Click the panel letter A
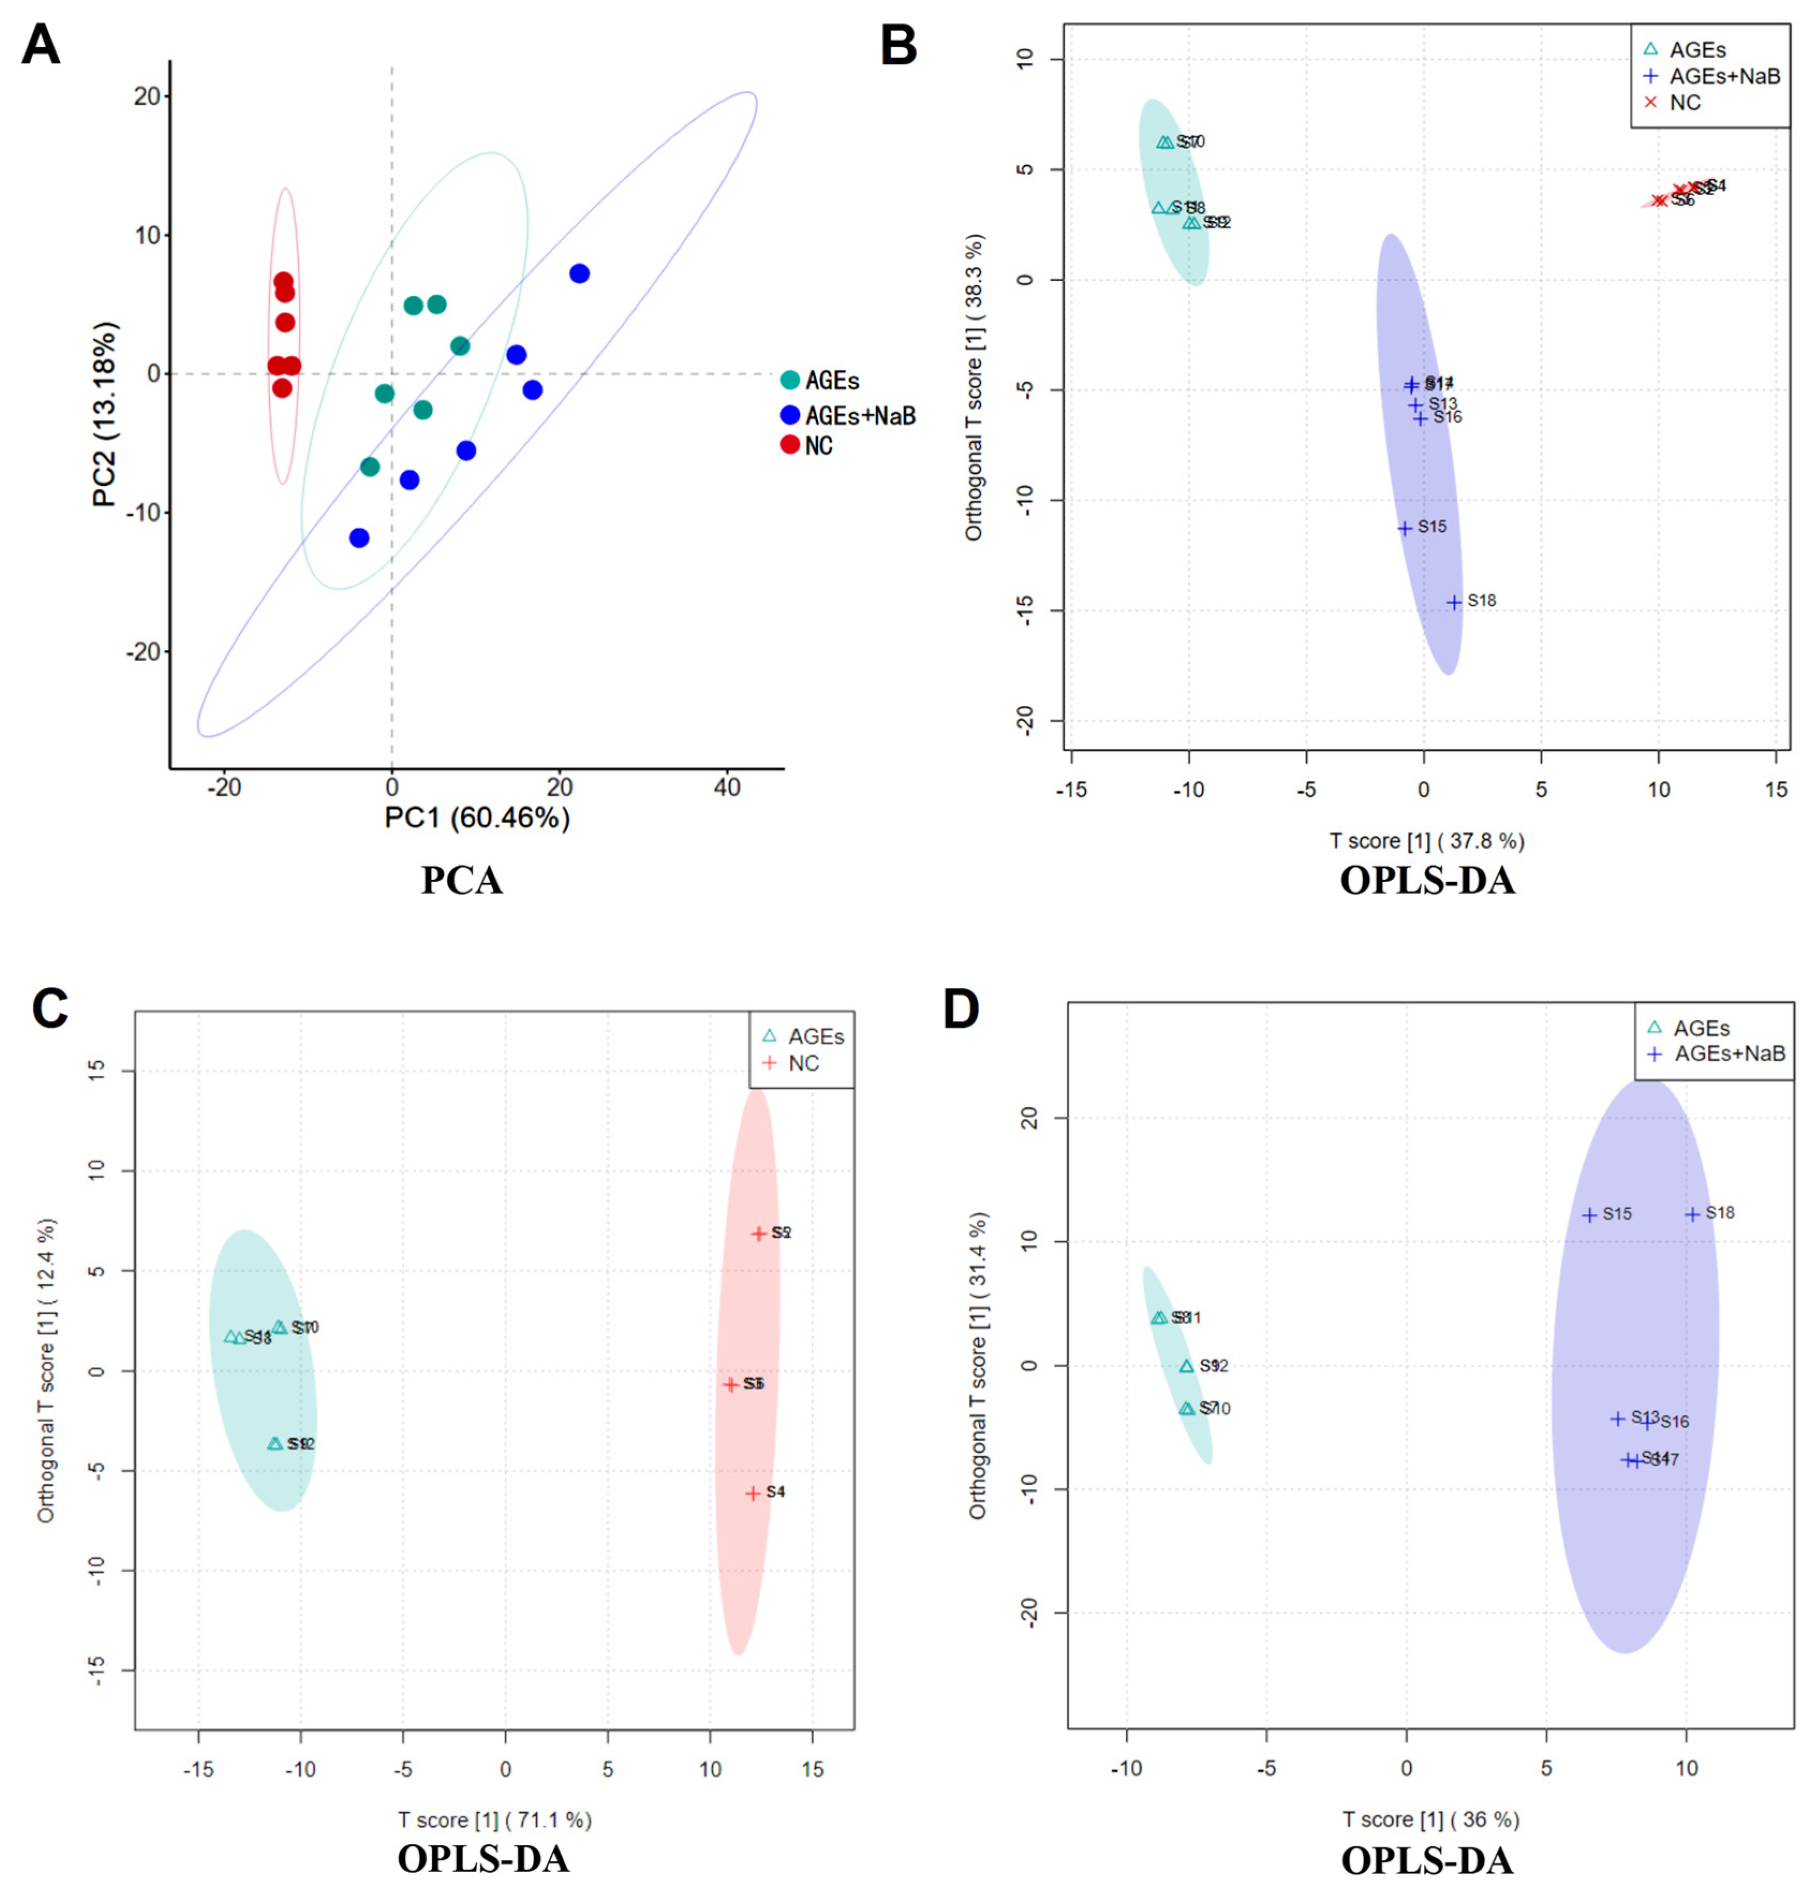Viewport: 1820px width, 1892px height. point(41,46)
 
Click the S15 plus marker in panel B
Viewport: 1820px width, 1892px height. point(1405,528)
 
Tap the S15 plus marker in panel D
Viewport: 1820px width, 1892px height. point(1589,1215)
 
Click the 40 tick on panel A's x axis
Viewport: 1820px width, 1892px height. point(727,788)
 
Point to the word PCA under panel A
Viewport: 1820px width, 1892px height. point(462,881)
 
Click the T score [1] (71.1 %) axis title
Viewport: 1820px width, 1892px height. point(494,1820)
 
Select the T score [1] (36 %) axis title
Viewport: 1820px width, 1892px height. point(1431,1820)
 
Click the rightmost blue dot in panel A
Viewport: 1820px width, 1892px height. point(580,273)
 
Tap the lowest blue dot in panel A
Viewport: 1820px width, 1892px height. point(359,538)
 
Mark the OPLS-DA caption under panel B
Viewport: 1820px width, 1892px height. point(1427,881)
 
